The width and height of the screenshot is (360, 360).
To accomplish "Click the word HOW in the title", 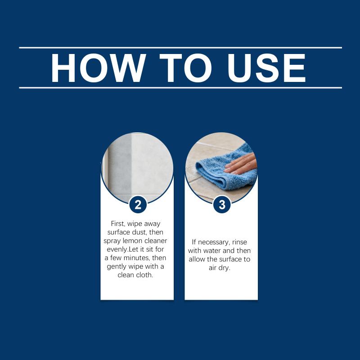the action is pos(98,68).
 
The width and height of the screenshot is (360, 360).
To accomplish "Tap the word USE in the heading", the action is pos(266,68).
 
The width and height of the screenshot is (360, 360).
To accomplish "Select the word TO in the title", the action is pos(185,68).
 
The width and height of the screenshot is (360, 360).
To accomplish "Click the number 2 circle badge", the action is pos(138,205).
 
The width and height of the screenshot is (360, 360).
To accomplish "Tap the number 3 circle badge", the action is pos(222,205).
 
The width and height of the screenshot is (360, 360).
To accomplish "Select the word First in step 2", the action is pos(118,224).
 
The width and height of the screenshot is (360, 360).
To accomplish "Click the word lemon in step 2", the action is pos(132,241).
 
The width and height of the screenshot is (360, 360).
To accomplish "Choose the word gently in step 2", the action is pos(117,266).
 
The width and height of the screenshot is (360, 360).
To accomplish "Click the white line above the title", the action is pos(180,48).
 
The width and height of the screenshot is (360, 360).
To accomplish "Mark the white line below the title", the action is pos(180,88).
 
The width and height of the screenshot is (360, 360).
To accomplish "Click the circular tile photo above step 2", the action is pos(137,167).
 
